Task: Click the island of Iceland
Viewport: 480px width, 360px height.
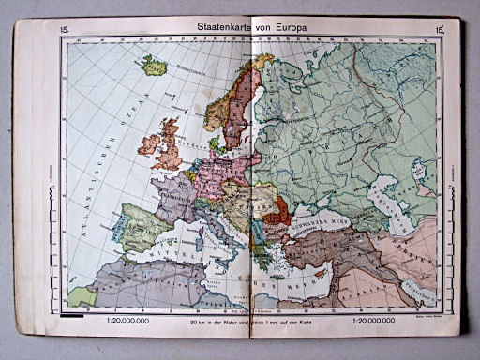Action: pyautogui.click(x=153, y=66)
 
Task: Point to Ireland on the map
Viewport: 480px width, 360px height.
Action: pyautogui.click(x=150, y=144)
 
